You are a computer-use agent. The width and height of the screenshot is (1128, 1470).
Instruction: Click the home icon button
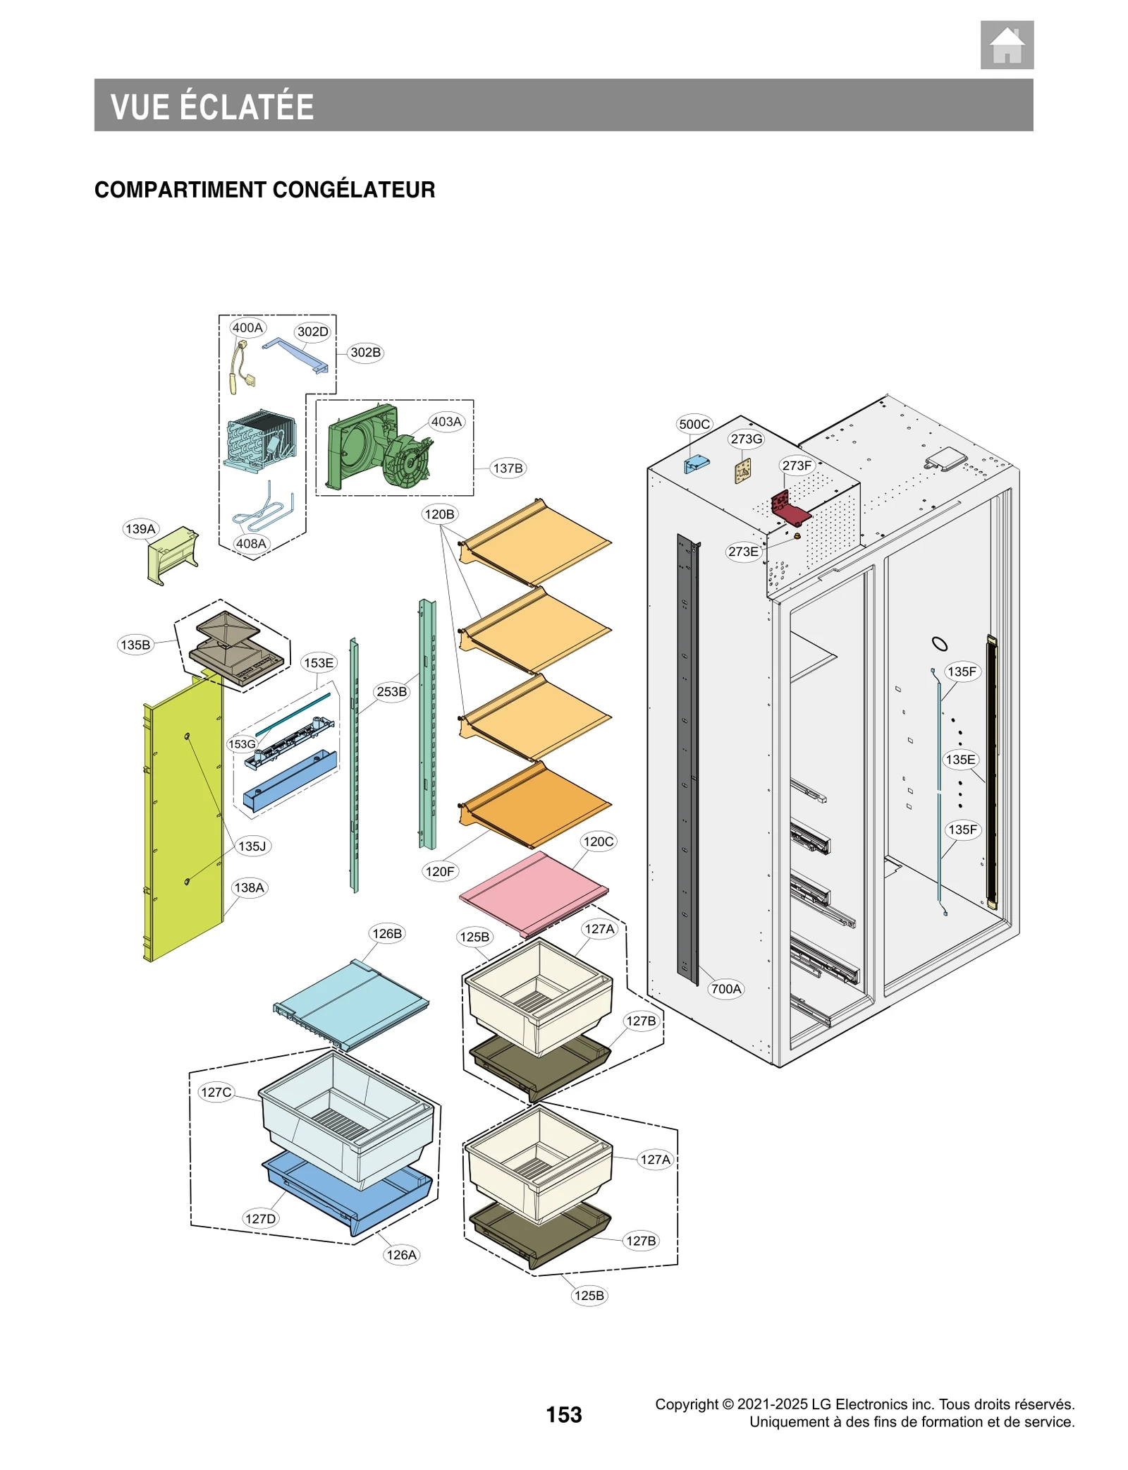tap(1006, 45)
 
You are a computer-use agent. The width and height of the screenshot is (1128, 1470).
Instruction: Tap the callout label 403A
tap(446, 422)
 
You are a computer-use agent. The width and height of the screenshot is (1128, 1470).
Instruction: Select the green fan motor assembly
tap(381, 447)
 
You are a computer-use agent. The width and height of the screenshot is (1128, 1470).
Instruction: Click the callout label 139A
tap(140, 529)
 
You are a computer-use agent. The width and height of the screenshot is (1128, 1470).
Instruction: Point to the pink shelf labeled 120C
tap(533, 893)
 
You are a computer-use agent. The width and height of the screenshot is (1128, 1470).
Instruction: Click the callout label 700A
tap(725, 989)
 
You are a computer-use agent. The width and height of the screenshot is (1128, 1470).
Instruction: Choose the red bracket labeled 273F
tap(790, 508)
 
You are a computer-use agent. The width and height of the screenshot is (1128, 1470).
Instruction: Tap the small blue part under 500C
tap(696, 463)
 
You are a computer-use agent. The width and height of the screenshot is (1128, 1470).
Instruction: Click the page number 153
tap(563, 1414)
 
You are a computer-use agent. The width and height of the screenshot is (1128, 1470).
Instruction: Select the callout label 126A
tap(401, 1255)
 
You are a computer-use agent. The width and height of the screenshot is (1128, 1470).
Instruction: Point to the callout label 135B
tap(135, 645)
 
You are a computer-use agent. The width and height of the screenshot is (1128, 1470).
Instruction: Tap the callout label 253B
tap(391, 692)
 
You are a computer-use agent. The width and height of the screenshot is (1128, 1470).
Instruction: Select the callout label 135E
tap(960, 760)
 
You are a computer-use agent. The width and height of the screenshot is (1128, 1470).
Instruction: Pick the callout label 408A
tap(251, 544)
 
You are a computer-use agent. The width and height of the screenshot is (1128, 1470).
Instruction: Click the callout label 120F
tap(440, 871)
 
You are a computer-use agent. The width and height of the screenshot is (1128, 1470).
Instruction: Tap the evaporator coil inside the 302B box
tap(259, 442)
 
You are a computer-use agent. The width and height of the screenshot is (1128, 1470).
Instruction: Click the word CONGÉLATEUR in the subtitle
tap(353, 190)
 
